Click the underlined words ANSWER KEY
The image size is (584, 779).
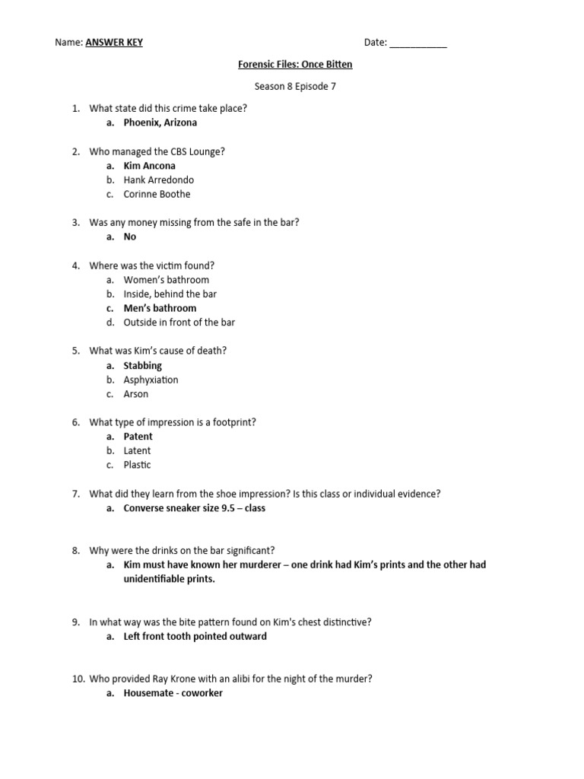(x=113, y=43)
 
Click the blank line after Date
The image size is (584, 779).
(x=418, y=43)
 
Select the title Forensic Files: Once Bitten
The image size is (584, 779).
(x=295, y=65)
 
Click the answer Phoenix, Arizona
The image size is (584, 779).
(x=160, y=122)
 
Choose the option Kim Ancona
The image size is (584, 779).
(x=149, y=166)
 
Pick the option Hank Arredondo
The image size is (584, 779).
(x=158, y=180)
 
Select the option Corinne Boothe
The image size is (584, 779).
(x=157, y=194)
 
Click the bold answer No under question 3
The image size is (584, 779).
(x=130, y=237)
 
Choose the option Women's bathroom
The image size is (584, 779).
(x=166, y=280)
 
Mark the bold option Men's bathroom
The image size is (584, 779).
(x=160, y=308)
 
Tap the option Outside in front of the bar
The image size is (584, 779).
(x=179, y=323)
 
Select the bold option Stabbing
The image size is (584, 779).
(x=143, y=365)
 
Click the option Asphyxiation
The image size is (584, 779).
(x=151, y=380)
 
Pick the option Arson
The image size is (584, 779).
(x=136, y=394)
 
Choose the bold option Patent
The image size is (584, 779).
(x=138, y=437)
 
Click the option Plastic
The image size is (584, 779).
(x=137, y=465)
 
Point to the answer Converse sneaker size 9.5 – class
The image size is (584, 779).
(x=194, y=508)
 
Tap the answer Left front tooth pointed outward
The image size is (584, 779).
(x=195, y=636)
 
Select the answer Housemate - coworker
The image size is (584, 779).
(x=173, y=693)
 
